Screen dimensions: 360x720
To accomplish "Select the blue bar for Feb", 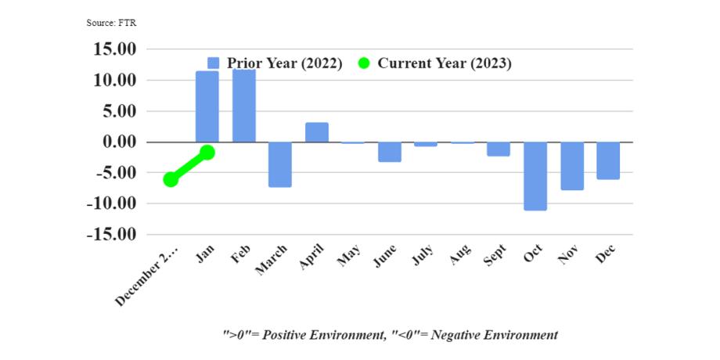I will pyautogui.click(x=243, y=106).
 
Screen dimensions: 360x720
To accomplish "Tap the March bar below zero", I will pyautogui.click(x=280, y=164).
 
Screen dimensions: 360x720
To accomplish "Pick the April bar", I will pyautogui.click(x=316, y=132).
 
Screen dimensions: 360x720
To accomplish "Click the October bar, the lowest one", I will pyautogui.click(x=535, y=176).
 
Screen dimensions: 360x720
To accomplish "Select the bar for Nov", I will pyautogui.click(x=572, y=166).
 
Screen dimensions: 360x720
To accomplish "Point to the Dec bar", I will pyautogui.click(x=608, y=160).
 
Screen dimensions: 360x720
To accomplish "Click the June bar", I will pyautogui.click(x=390, y=152).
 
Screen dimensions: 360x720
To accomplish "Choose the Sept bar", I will pyautogui.click(x=499, y=149).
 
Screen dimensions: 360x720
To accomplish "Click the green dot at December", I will pyautogui.click(x=171, y=179).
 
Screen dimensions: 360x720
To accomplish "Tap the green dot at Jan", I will pyautogui.click(x=207, y=153).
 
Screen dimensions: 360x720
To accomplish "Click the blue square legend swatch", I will pyautogui.click(x=214, y=63).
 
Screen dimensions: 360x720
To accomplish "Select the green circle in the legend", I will pyautogui.click(x=364, y=63).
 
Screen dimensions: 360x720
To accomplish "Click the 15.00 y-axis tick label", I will pyautogui.click(x=115, y=49).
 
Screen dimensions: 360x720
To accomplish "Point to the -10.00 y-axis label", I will pyautogui.click(x=113, y=203).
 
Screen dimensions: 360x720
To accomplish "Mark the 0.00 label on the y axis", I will pyautogui.click(x=119, y=142).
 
